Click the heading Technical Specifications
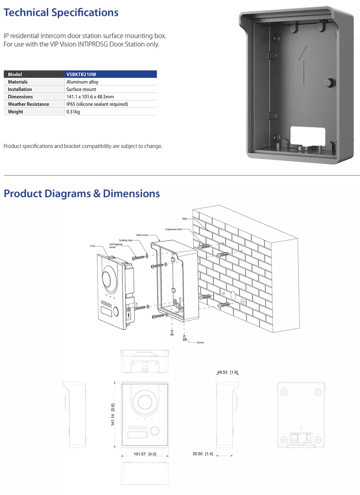point(61,13)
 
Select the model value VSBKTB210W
point(81,74)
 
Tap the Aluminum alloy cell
point(82,82)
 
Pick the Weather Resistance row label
point(28,104)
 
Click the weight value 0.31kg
point(73,112)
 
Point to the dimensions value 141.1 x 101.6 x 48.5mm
point(90,97)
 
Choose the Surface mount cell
point(81,89)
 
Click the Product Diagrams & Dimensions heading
point(82,193)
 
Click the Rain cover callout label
point(142,235)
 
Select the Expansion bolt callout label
point(173,229)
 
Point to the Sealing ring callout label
point(125,240)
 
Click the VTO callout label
point(93,246)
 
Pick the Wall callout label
point(184,219)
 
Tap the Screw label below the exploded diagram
point(200,343)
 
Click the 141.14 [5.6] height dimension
point(113,415)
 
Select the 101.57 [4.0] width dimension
point(145,454)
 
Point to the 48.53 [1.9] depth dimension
point(227,372)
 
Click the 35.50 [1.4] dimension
point(203,454)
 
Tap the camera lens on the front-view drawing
point(144,401)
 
